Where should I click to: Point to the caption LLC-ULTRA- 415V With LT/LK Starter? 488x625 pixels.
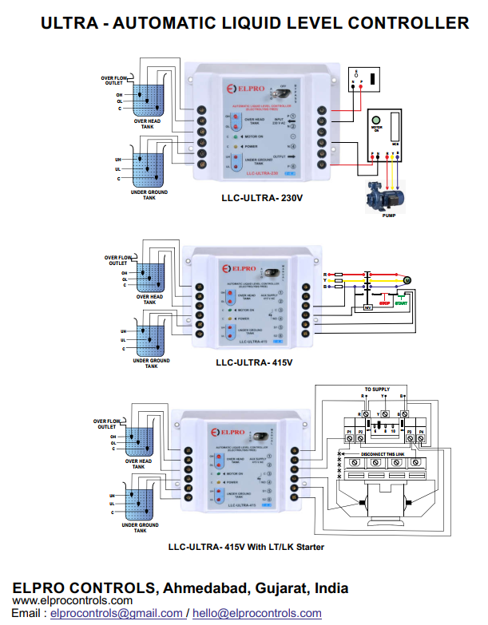pyautogui.click(x=246, y=547)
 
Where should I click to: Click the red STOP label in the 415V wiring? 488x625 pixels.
pyautogui.click(x=384, y=303)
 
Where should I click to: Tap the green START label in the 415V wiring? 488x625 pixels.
pyautogui.click(x=402, y=303)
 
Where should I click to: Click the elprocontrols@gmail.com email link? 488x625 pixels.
pyautogui.click(x=117, y=613)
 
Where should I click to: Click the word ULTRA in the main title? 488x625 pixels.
pyautogui.click(x=71, y=23)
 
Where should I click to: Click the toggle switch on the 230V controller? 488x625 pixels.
pyautogui.click(x=279, y=90)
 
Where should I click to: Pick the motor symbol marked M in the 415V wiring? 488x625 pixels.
pyautogui.click(x=406, y=279)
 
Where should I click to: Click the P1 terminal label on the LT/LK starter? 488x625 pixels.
pyautogui.click(x=349, y=431)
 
